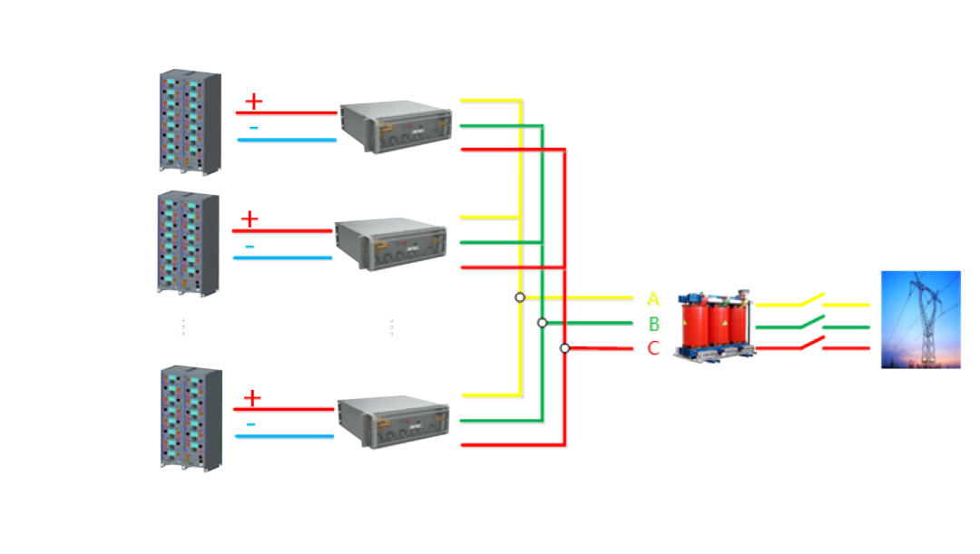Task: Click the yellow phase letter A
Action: [x=654, y=298]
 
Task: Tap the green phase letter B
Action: [x=654, y=324]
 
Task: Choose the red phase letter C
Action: [x=654, y=348]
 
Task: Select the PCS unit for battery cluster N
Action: [x=393, y=420]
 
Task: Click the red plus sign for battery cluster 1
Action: [x=253, y=100]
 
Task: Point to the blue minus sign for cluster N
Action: [x=251, y=423]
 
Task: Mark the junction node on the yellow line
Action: [x=519, y=297]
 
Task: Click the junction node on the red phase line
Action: [x=563, y=348]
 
